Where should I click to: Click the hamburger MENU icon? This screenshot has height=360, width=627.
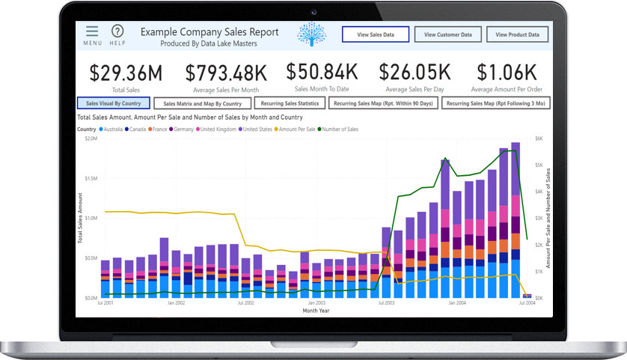92,31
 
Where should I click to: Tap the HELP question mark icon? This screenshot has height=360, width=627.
117,31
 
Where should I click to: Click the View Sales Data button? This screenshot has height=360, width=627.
376,34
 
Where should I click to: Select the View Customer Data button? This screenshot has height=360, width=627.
447,34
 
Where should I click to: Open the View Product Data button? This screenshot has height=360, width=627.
517,34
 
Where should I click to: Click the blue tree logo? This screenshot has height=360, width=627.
312,34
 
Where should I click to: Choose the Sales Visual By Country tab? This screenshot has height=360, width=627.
114,103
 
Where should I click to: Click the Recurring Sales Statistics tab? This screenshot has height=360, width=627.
290,103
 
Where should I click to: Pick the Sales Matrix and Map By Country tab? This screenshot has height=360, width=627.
202,103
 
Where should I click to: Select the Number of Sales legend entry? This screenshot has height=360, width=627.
338,129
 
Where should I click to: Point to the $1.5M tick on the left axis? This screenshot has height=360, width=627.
90,178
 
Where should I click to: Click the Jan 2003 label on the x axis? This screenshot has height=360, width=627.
316,303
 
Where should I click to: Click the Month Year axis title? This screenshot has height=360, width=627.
315,310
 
